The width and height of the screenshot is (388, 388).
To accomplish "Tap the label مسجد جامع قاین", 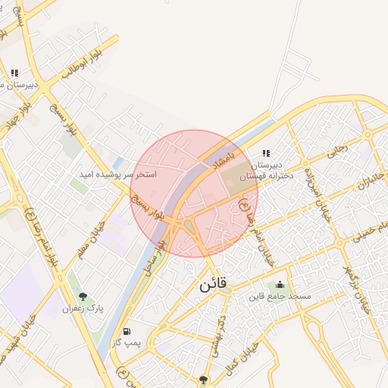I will click(280, 296).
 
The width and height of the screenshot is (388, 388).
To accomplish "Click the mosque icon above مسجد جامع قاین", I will click(280, 284).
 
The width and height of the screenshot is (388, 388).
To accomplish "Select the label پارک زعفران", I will click(83, 308).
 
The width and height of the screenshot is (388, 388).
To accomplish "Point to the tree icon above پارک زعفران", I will click(83, 296).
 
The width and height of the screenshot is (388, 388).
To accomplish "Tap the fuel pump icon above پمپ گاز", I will click(126, 332).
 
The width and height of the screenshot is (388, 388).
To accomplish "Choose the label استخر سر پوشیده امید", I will click(118, 174).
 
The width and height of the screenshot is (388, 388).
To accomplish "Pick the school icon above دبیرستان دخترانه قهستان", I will click(265, 152).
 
